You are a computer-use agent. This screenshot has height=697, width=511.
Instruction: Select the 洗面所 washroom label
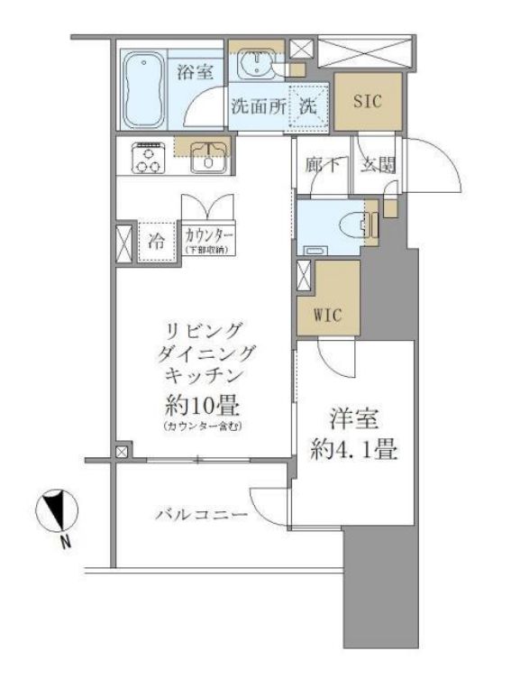click(258, 105)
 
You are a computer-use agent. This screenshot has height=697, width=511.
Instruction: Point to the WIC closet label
click(328, 316)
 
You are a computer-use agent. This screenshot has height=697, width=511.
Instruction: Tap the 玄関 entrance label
click(378, 166)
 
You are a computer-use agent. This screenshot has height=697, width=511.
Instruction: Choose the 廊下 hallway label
click(321, 166)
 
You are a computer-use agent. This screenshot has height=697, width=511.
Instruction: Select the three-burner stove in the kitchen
click(147, 159)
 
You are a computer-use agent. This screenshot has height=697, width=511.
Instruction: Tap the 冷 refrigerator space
click(156, 241)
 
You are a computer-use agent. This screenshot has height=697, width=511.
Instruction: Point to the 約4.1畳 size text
click(354, 448)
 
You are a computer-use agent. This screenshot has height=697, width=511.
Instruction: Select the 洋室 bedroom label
click(354, 419)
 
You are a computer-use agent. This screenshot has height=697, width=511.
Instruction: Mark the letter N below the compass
click(64, 543)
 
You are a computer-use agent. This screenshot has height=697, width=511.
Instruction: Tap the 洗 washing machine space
click(307, 105)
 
